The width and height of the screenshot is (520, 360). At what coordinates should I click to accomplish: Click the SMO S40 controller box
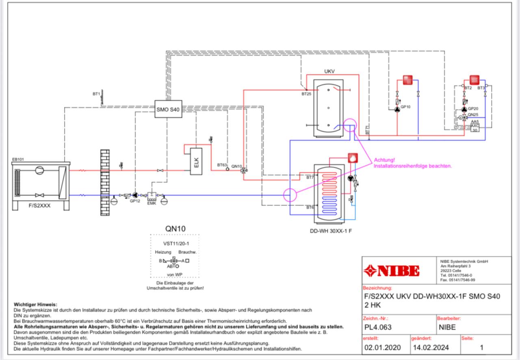click(168, 109)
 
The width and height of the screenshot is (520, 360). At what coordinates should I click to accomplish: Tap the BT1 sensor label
click(96, 94)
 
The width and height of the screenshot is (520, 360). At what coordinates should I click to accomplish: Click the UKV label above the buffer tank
click(329, 71)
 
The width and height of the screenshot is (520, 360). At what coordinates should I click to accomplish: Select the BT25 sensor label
click(306, 94)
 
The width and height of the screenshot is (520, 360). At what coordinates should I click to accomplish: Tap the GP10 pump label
click(406, 107)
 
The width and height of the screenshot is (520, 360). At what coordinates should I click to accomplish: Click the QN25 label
click(473, 114)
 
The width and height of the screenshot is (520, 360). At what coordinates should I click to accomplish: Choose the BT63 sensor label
click(221, 165)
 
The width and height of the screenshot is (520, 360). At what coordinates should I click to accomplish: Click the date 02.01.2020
click(382, 347)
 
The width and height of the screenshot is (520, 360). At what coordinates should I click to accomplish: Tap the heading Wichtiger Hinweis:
click(36, 304)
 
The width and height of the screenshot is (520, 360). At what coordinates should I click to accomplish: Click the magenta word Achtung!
click(384, 160)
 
